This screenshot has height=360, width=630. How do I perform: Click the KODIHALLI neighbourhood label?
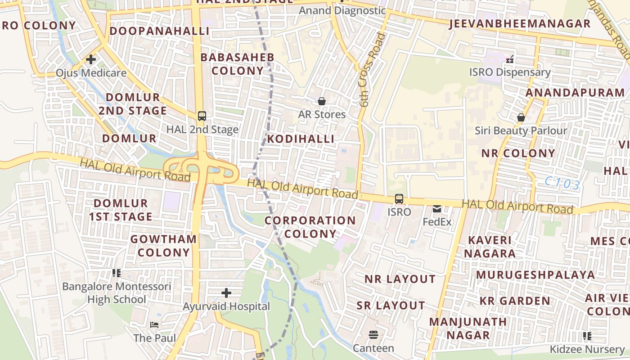[x=301, y=139]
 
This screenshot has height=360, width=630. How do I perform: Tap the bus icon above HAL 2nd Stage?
[x=202, y=116]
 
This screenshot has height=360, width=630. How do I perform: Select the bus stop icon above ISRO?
[x=399, y=198]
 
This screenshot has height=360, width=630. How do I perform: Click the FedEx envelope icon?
[x=437, y=209]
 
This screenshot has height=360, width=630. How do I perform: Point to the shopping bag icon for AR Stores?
[x=322, y=101]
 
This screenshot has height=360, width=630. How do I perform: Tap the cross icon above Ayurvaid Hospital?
[x=226, y=293]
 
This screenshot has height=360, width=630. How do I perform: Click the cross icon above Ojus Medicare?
[x=91, y=59]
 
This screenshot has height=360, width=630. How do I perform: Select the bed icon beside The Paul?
[x=154, y=324]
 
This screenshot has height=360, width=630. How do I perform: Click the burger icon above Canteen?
[x=373, y=334]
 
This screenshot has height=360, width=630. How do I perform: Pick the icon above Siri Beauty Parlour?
[x=521, y=117]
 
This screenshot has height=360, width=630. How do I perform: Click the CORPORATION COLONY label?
[x=310, y=227]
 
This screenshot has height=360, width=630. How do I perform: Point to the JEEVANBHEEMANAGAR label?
[x=520, y=24]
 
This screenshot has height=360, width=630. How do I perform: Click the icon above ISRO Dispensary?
[x=510, y=59]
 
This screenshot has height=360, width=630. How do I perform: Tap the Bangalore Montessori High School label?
[x=117, y=293]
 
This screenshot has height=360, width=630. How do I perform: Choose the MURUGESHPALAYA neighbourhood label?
[x=535, y=275]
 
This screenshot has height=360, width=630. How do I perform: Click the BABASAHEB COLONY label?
[x=237, y=64]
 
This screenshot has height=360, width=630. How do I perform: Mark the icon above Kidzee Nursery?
[x=587, y=336]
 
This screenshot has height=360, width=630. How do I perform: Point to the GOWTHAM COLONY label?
[x=164, y=246]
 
